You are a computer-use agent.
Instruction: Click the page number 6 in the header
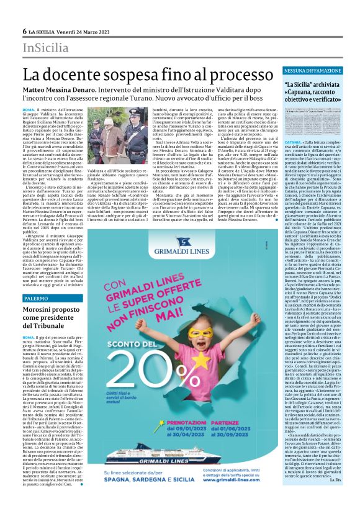pyautogui.click(x=24, y=31)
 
